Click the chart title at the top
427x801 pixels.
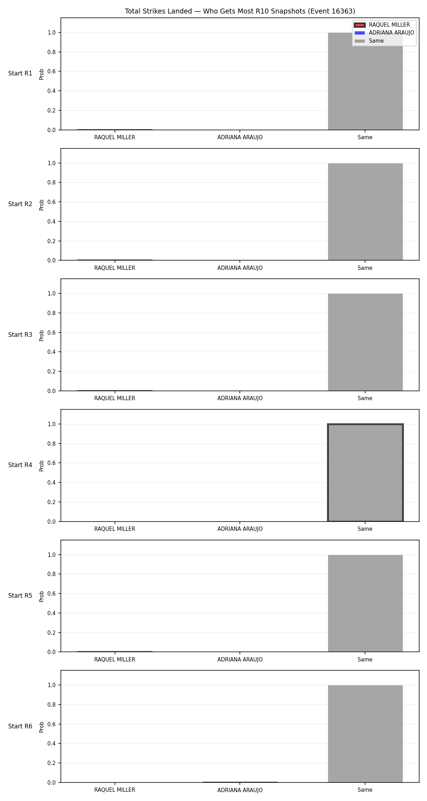(x=240, y=11)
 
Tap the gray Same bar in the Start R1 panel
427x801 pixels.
(x=365, y=81)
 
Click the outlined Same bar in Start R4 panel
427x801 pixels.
(x=365, y=473)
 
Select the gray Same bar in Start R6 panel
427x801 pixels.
(x=365, y=734)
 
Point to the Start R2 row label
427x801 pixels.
(x=20, y=204)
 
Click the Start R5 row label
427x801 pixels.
(x=20, y=596)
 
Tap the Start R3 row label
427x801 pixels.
(x=20, y=335)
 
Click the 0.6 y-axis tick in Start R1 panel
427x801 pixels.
(x=52, y=72)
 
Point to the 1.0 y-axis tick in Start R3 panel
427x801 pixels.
(x=52, y=294)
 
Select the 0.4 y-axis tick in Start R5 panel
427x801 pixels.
(x=52, y=613)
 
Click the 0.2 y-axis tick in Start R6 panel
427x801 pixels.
(x=52, y=763)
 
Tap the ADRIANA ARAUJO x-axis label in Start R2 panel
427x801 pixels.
(x=240, y=268)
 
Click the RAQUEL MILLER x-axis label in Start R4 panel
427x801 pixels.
(x=115, y=529)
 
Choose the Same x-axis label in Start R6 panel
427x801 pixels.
(x=365, y=790)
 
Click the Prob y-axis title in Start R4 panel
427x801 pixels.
(x=42, y=466)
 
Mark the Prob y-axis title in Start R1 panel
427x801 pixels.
(x=42, y=74)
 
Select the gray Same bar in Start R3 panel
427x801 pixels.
(x=365, y=342)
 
